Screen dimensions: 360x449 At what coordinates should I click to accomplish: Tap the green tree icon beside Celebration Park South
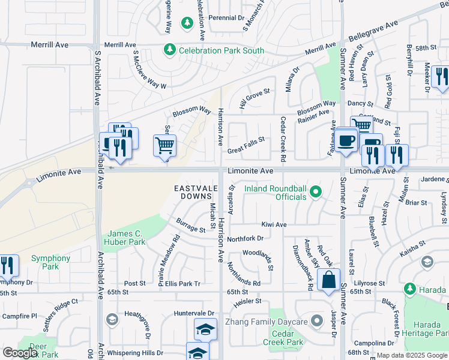(170, 50)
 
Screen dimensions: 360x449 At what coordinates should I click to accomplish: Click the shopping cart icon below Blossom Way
(164, 145)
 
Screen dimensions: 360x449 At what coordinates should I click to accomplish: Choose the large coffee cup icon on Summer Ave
(346, 140)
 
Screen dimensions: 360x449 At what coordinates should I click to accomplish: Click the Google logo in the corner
(20, 353)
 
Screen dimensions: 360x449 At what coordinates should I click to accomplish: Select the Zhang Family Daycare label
(267, 322)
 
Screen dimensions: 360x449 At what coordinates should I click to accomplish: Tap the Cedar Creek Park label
(283, 338)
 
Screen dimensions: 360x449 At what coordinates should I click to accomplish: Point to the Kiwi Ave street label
(274, 224)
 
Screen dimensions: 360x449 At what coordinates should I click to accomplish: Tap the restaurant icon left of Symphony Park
(7, 265)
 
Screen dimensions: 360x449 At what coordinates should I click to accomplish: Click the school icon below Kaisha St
(427, 262)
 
